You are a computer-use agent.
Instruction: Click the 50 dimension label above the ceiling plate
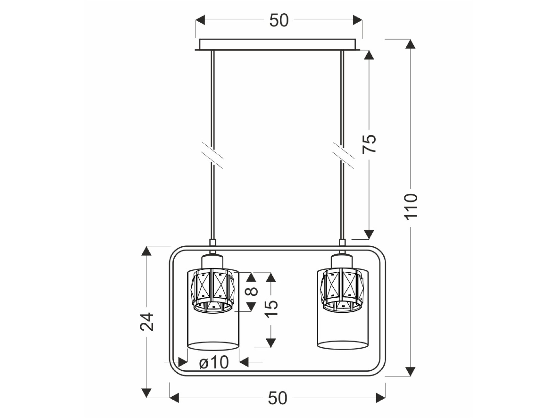coord(279,20)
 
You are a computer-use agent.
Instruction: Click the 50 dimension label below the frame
coord(278,398)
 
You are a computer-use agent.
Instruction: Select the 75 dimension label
coord(369,144)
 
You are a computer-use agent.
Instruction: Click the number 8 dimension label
coord(252,291)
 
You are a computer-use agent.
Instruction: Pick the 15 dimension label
coord(271,309)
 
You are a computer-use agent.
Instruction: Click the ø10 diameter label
coord(214,363)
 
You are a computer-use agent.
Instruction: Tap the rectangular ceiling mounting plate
coord(278,45)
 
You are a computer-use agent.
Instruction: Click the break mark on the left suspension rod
coord(213,155)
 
